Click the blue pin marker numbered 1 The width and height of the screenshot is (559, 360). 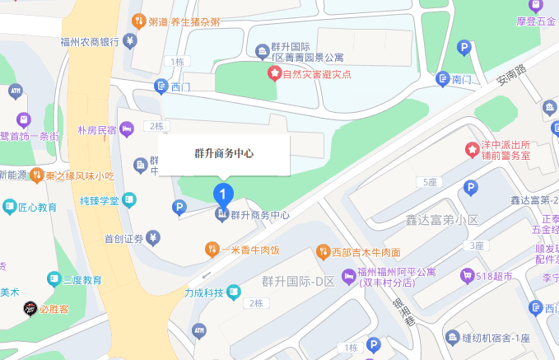click(x=222, y=194)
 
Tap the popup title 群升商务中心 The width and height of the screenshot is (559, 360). click(x=223, y=154)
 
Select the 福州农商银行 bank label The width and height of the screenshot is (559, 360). click(x=91, y=42)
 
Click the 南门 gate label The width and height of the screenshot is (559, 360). click(x=461, y=79)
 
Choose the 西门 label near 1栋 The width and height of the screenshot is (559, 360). click(x=179, y=85)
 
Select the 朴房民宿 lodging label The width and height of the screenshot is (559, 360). click(x=96, y=129)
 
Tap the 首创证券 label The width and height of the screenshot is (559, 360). click(x=124, y=239)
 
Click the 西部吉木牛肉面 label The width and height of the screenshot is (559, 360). click(x=366, y=252)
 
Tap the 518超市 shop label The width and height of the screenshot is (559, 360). click(x=498, y=275)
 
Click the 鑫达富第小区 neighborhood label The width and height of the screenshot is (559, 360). click(x=441, y=220)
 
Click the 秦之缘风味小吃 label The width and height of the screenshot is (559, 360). click(x=80, y=175)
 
